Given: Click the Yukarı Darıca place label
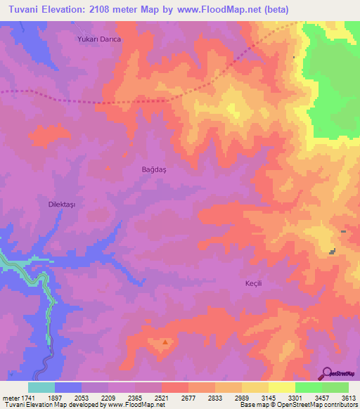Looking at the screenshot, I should click(99, 40).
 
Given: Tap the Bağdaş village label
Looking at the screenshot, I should click(153, 170).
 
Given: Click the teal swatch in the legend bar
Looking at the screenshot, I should click(41, 387).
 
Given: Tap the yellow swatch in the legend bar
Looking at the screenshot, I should click(281, 387).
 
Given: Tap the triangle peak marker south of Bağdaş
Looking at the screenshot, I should click(165, 343).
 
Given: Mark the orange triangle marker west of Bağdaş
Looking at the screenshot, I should click(107, 167).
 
